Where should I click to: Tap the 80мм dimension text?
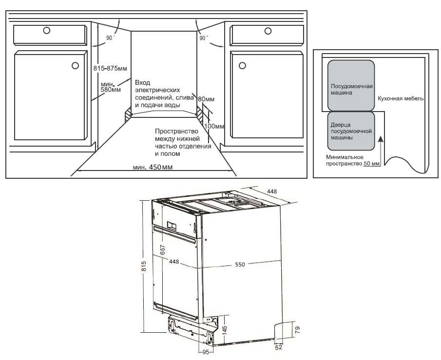pos(206,99)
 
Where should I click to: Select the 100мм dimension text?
pos(214,126)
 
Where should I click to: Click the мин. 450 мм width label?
pos(153,168)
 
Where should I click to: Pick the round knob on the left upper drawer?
pos(46,30)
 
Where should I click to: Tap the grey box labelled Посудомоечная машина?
pos(351,90)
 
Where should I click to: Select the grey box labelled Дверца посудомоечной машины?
pos(351,131)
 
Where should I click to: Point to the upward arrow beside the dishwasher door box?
pos(381,149)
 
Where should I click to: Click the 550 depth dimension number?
pos(240,265)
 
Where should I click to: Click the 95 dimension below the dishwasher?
pos(206,352)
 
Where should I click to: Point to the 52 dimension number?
pos(279,348)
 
